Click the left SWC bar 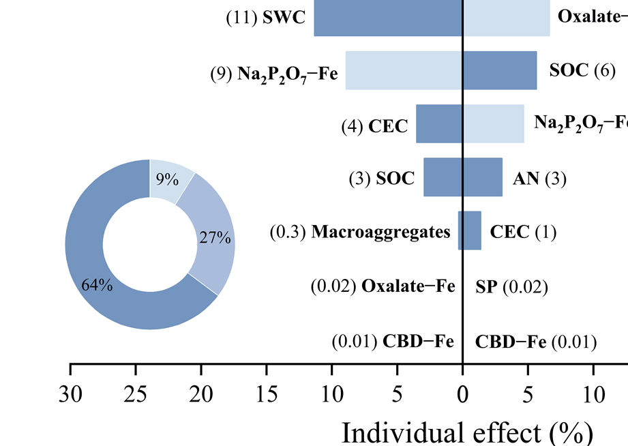click(x=388, y=18)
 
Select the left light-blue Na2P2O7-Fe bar click(x=404, y=70)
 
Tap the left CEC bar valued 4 click(x=439, y=123)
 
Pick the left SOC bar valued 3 click(x=443, y=177)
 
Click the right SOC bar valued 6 click(x=500, y=70)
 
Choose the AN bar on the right click(x=483, y=177)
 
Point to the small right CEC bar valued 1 click(x=473, y=231)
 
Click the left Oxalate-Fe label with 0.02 click(x=383, y=287)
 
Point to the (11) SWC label click(x=266, y=18)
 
